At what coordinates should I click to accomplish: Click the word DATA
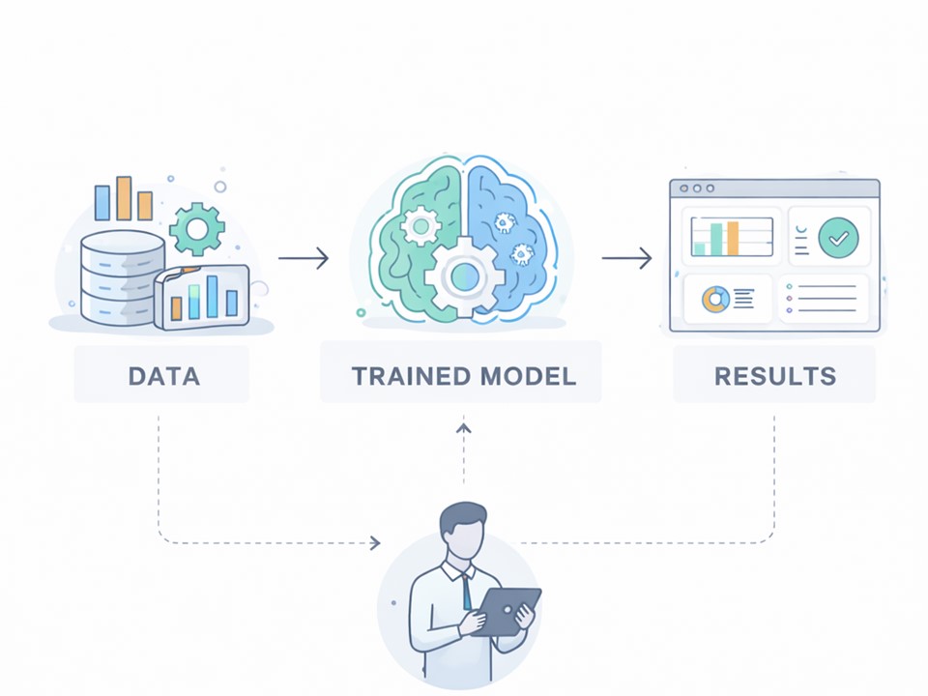(x=163, y=375)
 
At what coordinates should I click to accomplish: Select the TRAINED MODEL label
(x=463, y=375)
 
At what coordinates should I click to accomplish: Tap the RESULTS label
(x=775, y=375)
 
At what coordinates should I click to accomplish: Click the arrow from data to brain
(x=304, y=258)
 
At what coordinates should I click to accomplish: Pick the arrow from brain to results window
(x=626, y=258)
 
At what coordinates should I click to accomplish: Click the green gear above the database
(x=197, y=229)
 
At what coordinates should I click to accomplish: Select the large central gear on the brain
(x=464, y=277)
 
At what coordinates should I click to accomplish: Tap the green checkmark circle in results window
(x=837, y=237)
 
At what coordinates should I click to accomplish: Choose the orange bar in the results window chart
(x=733, y=237)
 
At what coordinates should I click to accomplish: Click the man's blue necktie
(x=466, y=589)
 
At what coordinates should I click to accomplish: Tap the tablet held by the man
(x=507, y=611)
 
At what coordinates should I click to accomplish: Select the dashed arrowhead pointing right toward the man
(x=375, y=543)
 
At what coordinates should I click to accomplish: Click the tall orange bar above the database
(x=124, y=198)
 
